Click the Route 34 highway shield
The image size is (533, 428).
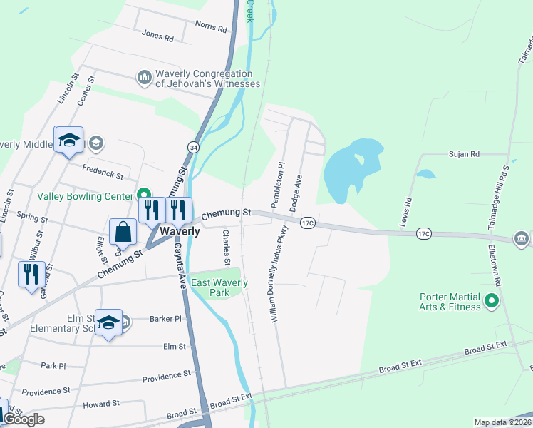193,146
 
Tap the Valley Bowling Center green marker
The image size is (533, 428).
143,195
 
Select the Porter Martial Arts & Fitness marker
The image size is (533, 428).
490,302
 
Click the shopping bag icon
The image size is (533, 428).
123,232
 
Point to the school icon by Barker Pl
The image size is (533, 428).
108,322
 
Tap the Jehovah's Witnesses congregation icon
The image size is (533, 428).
145,77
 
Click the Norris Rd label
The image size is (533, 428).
211,29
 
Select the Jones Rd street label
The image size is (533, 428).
157,34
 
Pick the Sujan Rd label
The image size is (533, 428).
464,153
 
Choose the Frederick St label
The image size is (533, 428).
103,173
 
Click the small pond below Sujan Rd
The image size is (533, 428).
425,173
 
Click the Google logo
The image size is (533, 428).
23,419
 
